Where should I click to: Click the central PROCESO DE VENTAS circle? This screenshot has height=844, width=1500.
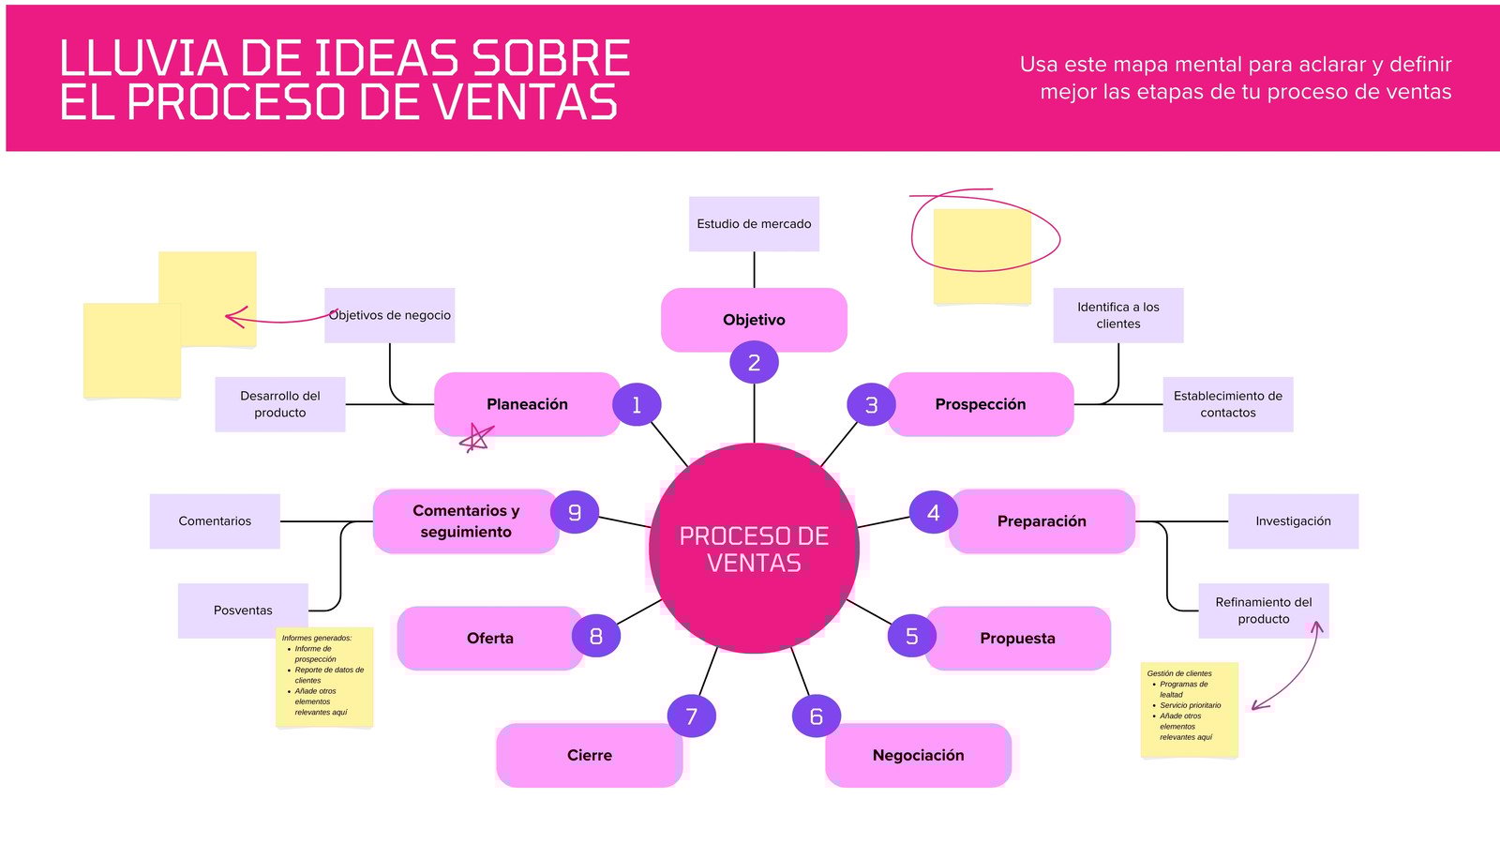[754, 549]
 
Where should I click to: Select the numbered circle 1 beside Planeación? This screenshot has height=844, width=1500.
[637, 405]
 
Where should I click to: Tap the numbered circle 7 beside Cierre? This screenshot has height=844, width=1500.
[692, 716]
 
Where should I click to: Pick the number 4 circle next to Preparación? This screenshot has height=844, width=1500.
[933, 513]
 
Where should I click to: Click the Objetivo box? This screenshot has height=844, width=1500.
[754, 320]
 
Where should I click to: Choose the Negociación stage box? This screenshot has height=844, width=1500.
[918, 755]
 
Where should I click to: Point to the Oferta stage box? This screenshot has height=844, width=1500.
[489, 638]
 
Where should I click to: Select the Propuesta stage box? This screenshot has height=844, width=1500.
[1017, 638]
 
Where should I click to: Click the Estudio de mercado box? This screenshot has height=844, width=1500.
[754, 224]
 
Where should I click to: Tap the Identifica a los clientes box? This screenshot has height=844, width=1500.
[1117, 315]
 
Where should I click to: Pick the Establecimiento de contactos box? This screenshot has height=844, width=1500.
[1227, 404]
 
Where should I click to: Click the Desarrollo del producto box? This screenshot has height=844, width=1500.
[279, 404]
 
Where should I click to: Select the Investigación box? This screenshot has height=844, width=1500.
[1293, 521]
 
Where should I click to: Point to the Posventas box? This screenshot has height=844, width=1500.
[243, 610]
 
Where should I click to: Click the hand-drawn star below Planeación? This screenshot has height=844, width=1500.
[477, 438]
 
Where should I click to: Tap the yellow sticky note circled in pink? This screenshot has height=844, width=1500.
[982, 256]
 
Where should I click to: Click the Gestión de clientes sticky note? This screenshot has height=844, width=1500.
[1189, 709]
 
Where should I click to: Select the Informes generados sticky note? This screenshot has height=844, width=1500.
[324, 677]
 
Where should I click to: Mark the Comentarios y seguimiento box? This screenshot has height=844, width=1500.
[465, 521]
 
